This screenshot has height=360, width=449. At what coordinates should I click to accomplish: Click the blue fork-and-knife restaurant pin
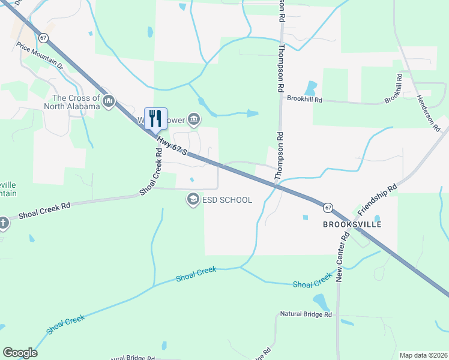(x=155, y=118)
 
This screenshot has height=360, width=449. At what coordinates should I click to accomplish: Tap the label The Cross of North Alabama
(x=71, y=103)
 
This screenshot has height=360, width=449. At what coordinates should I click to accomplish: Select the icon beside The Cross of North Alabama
(x=109, y=101)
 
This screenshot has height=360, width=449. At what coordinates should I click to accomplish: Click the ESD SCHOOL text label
(x=228, y=200)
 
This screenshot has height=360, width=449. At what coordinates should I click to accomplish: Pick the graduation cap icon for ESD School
(x=193, y=199)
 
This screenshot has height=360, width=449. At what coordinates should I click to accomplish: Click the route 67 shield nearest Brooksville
(x=327, y=208)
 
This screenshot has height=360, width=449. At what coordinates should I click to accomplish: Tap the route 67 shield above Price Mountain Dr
(x=43, y=37)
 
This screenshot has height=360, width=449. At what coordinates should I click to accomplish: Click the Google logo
(x=20, y=353)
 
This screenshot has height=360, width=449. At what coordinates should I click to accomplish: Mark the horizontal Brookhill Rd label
(x=304, y=98)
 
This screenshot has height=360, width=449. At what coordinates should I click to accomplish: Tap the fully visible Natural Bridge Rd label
(x=306, y=314)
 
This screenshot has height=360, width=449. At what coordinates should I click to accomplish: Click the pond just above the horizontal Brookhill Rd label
(x=310, y=88)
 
